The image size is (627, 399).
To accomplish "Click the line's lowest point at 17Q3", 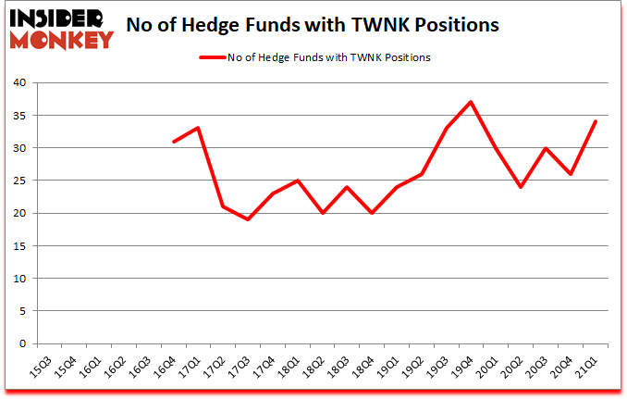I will (248, 219).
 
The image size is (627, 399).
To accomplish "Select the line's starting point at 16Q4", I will (173, 142).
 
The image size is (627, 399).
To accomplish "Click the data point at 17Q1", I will (198, 128).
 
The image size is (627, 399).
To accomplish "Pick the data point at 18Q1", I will (298, 181).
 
